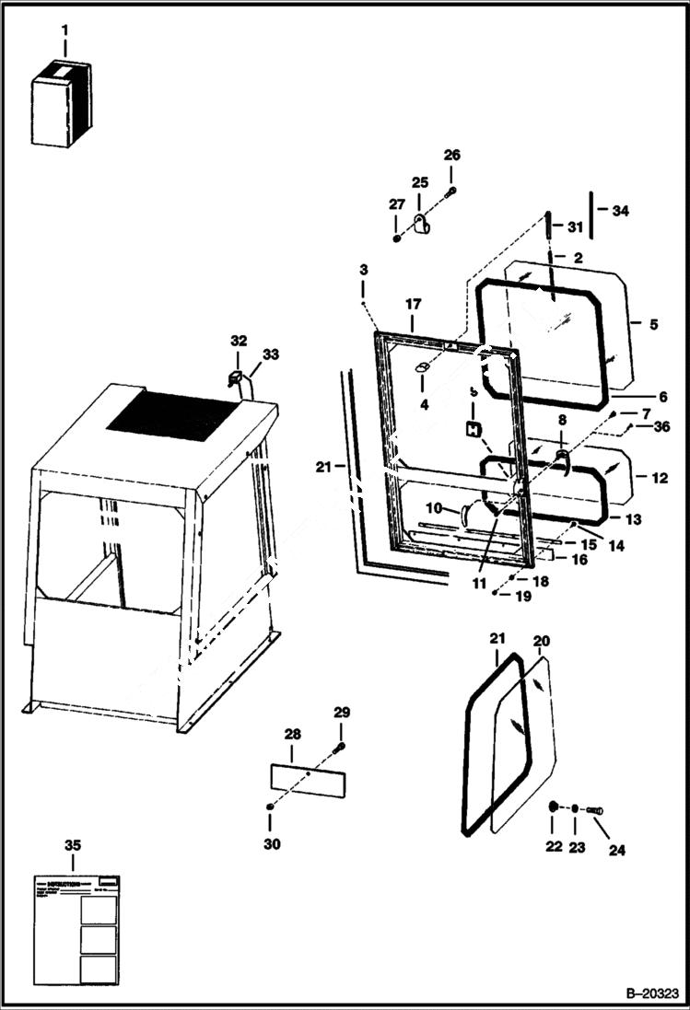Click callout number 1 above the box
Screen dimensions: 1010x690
pos(64,30)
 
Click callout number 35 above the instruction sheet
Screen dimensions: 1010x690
pos(72,844)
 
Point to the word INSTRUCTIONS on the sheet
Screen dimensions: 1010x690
pos(69,881)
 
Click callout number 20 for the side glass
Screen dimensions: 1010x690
pos(541,640)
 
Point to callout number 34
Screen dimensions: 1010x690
pos(620,211)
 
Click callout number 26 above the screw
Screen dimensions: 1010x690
pos(451,155)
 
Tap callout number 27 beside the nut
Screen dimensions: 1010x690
pos(395,204)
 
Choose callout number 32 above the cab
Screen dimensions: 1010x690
pos(239,341)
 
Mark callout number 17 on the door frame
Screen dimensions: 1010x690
pos(413,303)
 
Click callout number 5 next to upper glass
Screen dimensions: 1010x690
pos(652,324)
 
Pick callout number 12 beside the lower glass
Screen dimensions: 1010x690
pos(660,478)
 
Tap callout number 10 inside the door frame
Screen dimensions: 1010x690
pos(434,507)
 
